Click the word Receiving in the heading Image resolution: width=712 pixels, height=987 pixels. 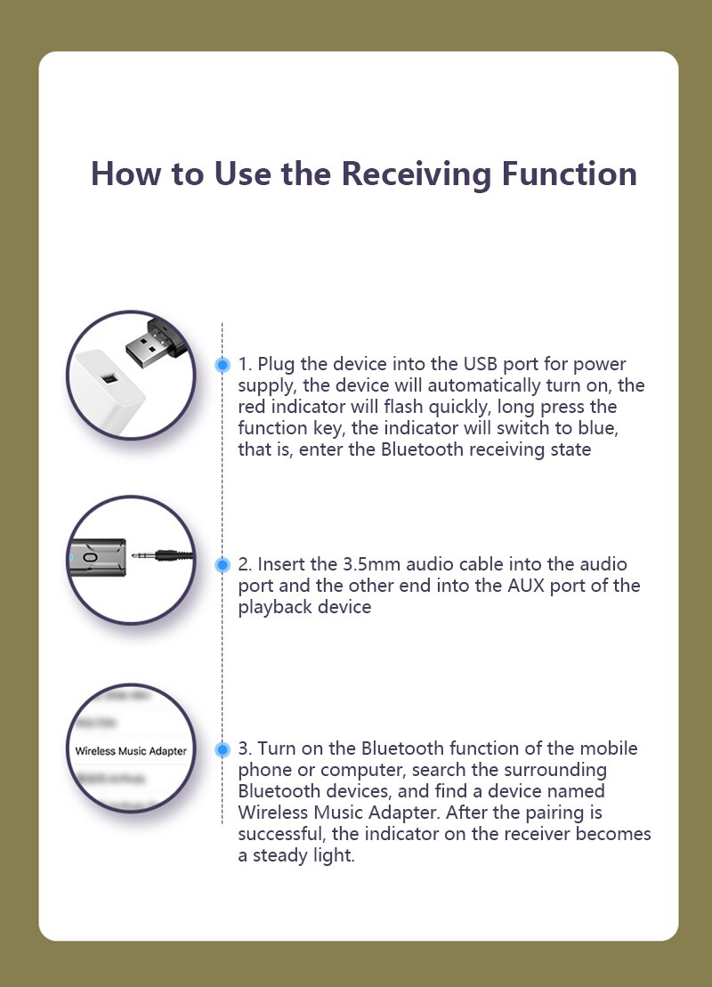(x=417, y=174)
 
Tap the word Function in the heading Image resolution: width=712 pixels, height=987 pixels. (x=569, y=174)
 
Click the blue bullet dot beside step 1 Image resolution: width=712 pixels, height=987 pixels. (x=222, y=365)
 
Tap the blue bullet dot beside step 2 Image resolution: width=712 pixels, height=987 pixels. (x=222, y=564)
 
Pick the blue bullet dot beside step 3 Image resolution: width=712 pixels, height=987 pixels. (x=222, y=749)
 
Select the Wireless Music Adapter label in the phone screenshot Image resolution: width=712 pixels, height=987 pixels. (x=131, y=751)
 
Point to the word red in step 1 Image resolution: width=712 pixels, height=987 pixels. (x=252, y=407)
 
